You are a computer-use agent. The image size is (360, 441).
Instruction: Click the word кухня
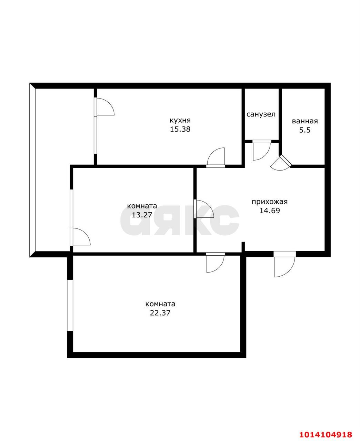click(180, 121)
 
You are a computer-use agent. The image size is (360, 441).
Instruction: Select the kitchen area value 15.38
click(180, 129)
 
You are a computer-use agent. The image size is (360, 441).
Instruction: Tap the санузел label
click(261, 114)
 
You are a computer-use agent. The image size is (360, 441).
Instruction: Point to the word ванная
click(305, 121)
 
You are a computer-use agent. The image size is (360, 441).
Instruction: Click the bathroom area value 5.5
click(305, 130)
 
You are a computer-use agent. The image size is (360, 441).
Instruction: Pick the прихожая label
click(270, 202)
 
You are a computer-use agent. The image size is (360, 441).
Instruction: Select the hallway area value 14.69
click(270, 211)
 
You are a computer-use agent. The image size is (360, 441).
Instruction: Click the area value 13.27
click(142, 215)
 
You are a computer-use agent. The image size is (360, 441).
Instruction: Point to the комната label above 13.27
click(142, 206)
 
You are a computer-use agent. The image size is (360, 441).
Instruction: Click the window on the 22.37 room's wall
click(70, 306)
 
